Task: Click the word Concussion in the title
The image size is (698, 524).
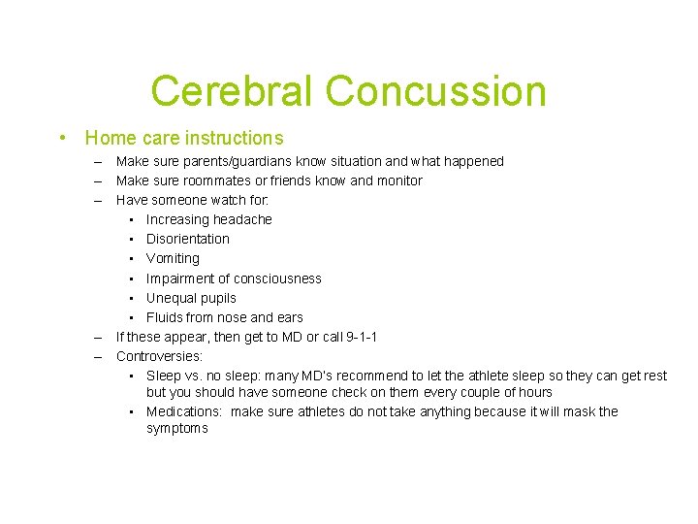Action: [x=436, y=91]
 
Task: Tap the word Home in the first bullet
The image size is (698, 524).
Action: [x=110, y=138]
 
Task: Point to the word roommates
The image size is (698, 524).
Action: [x=222, y=180]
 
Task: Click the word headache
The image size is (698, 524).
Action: [x=243, y=219]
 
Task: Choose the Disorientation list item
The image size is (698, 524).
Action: [x=188, y=239]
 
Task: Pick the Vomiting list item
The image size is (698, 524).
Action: [x=173, y=258]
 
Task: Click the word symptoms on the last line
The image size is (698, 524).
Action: [x=177, y=428]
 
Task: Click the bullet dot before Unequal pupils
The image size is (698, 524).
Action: [x=130, y=298]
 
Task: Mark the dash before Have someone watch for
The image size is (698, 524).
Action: [x=99, y=200]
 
